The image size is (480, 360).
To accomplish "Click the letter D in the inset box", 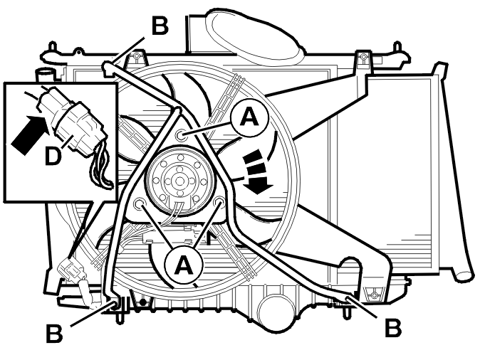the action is pos(53,156).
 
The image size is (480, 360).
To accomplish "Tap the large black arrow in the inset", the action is pos(30,134).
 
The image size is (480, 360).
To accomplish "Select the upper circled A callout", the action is pos(249,118).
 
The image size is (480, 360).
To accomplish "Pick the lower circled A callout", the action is pos(183,265).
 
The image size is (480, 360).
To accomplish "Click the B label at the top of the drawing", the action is pos(160,26).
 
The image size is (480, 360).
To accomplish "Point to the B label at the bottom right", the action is pos(392,327).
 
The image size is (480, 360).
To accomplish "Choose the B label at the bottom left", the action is pos(54,333).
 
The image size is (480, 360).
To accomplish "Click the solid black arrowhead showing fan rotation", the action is pos(259,186).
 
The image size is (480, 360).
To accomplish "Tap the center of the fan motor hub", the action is pos(178,181).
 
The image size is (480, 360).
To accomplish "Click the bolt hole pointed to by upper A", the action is pos(181,134).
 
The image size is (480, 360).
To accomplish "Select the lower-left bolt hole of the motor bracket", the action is pos(140,203).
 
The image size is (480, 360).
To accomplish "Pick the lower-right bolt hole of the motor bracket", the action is pos(219,202).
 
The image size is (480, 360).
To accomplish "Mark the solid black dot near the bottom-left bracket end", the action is pos(142,302).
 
